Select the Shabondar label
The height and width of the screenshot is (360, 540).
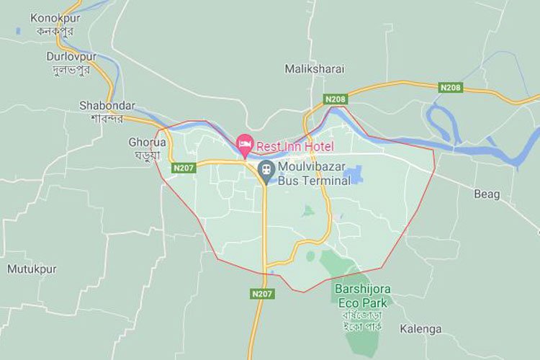102,105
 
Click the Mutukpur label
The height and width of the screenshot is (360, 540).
32,269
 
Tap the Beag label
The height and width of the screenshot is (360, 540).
486,194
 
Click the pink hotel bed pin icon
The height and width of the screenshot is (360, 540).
245,143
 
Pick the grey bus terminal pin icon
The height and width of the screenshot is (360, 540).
266,171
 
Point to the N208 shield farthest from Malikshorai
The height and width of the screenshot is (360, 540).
450,87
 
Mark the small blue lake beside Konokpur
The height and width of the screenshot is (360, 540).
17,32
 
